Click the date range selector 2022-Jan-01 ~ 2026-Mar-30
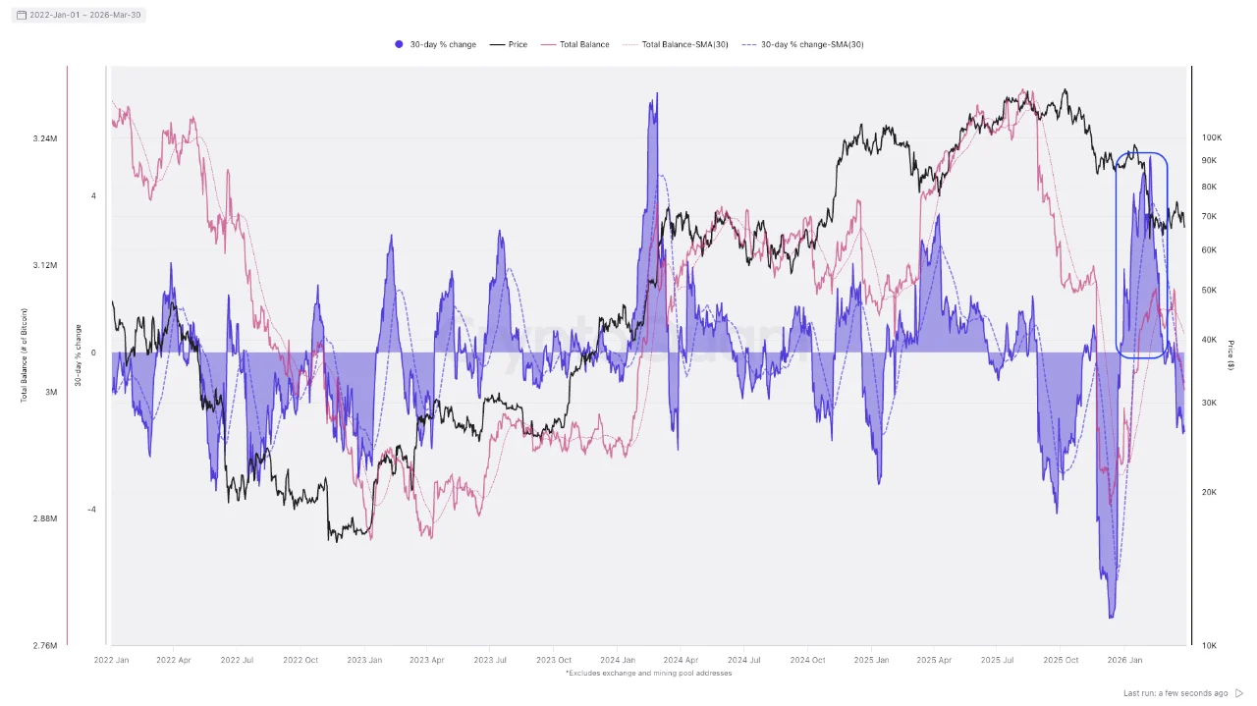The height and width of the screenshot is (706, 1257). (x=79, y=15)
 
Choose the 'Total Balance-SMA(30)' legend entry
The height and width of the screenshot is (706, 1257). (x=677, y=44)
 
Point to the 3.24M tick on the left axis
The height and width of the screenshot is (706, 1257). (x=44, y=138)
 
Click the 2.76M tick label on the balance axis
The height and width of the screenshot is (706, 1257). (x=44, y=645)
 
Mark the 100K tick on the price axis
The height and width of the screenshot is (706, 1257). (x=1211, y=138)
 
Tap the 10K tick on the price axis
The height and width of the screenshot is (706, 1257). (x=1209, y=645)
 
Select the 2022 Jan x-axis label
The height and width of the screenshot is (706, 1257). (x=111, y=661)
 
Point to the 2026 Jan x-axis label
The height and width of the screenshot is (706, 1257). (x=1123, y=661)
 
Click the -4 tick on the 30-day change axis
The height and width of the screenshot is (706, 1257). (x=92, y=509)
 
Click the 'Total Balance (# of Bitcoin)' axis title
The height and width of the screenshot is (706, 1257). (x=25, y=353)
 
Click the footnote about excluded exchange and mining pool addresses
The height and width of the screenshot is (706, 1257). (x=648, y=674)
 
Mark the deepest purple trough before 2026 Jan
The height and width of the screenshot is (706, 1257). (x=1112, y=615)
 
